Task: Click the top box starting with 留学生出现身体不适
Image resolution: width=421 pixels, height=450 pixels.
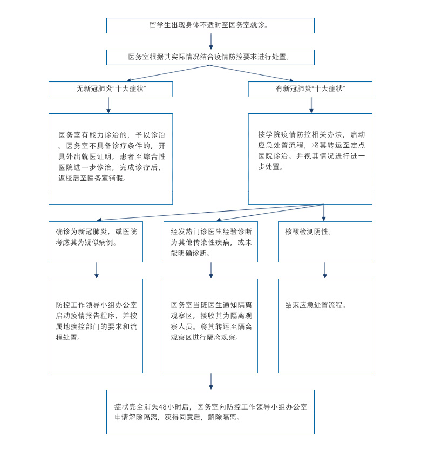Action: pyautogui.click(x=210, y=25)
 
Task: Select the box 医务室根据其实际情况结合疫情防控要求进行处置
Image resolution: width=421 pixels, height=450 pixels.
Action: pyautogui.click(x=210, y=57)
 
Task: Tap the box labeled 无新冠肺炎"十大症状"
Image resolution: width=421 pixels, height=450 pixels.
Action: pyautogui.click(x=111, y=89)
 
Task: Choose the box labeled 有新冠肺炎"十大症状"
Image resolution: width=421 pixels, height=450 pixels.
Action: pyautogui.click(x=310, y=89)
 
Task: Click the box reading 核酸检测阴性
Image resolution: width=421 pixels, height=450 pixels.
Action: pyautogui.click(x=325, y=241)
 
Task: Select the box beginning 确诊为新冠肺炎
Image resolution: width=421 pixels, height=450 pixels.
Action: pyautogui.click(x=96, y=241)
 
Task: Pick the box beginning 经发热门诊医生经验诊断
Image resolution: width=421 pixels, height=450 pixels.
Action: pyautogui.click(x=210, y=241)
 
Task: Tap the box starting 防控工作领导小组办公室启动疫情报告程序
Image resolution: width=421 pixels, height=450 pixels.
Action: pyautogui.click(x=96, y=325)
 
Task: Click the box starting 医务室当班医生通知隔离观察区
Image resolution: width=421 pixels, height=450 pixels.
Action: pyautogui.click(x=210, y=325)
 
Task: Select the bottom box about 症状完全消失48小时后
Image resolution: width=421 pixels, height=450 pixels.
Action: pyautogui.click(x=210, y=412)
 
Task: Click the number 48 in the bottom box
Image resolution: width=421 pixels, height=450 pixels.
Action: pyautogui.click(x=162, y=407)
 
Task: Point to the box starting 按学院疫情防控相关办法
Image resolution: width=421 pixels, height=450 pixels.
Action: pyautogui.click(x=310, y=159)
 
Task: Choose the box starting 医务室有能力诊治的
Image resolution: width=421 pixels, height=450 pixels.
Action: pyautogui.click(x=111, y=159)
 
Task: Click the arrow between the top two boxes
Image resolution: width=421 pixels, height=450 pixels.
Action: pyautogui.click(x=210, y=42)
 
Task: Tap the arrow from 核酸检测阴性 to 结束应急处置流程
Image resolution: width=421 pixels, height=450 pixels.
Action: pyautogui.click(x=325, y=270)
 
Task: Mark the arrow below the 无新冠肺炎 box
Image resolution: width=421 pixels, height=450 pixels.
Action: pyautogui.click(x=108, y=105)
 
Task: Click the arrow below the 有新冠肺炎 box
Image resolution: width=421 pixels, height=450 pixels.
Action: pyautogui.click(x=311, y=105)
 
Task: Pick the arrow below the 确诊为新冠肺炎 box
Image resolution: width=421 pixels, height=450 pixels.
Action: pyautogui.click(x=97, y=270)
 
